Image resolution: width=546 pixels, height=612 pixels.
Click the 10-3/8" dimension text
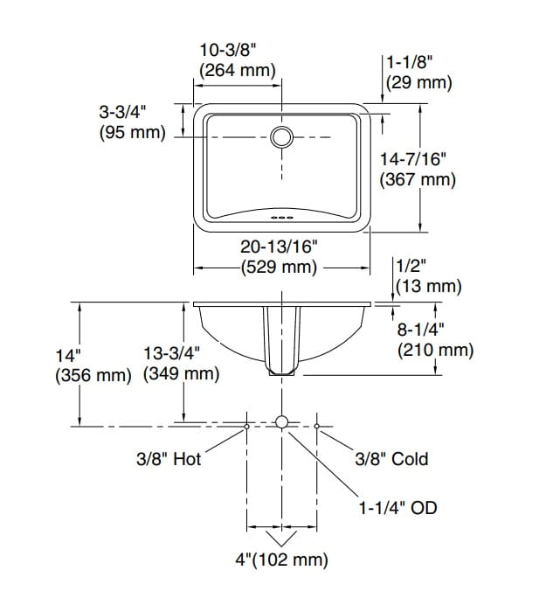coord(237,52)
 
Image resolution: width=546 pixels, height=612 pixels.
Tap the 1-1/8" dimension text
coord(411,64)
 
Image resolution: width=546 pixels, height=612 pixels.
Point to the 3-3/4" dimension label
coord(122,112)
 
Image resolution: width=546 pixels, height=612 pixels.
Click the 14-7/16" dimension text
coord(414,159)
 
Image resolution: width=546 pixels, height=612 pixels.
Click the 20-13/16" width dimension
coord(279,248)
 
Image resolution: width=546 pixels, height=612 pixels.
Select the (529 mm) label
coord(279,268)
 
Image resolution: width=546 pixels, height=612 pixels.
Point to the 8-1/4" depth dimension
coord(422,330)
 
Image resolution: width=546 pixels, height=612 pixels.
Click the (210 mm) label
coord(435,351)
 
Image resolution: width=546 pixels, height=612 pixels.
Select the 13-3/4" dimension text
coord(172,354)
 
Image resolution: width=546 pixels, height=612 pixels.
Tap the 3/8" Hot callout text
coord(169,459)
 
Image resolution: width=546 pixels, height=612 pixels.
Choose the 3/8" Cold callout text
coord(391,459)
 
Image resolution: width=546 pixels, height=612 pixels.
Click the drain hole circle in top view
coord(281,137)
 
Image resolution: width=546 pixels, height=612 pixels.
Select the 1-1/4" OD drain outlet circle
coord(281,422)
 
